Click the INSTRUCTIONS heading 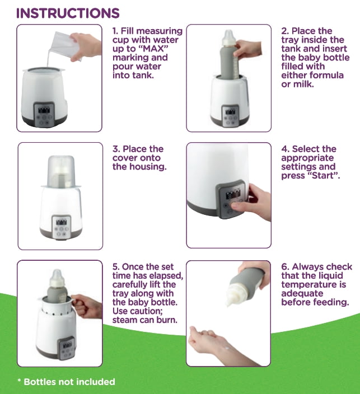coord(68,13)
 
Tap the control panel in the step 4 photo coord(231,199)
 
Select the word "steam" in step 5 coord(125,320)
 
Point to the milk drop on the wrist coord(227,348)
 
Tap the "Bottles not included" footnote coord(67,382)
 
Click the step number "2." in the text coord(285,31)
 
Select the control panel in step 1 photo coord(44,114)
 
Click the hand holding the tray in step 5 coord(87,306)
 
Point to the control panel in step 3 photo coord(62,227)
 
